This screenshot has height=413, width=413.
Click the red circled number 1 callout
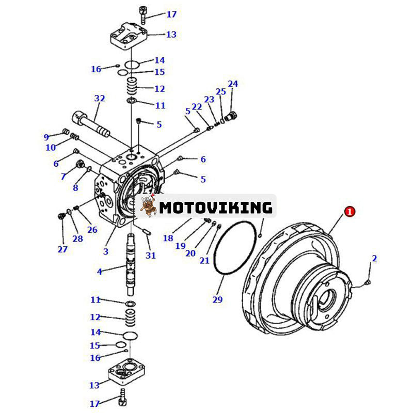coord(350,211)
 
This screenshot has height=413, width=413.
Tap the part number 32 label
coord(99,98)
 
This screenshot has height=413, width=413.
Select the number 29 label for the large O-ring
coord(217,299)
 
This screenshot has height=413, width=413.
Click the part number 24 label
coord(233,84)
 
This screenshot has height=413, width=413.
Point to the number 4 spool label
coord(100,271)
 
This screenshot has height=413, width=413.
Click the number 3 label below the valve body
coord(105,251)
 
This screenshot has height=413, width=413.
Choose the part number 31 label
coord(150,255)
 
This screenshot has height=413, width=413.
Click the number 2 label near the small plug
coord(374,258)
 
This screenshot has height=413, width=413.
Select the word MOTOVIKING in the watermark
coord(215,208)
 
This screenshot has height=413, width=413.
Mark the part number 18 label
coord(168,238)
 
